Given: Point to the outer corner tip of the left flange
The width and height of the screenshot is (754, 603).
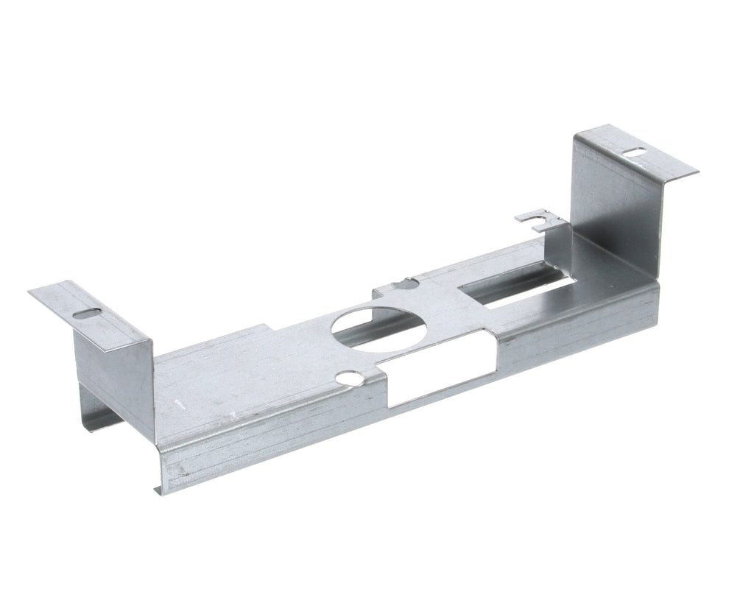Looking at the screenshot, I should [x=29, y=293].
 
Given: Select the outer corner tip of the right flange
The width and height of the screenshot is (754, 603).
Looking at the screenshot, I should [x=697, y=172].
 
